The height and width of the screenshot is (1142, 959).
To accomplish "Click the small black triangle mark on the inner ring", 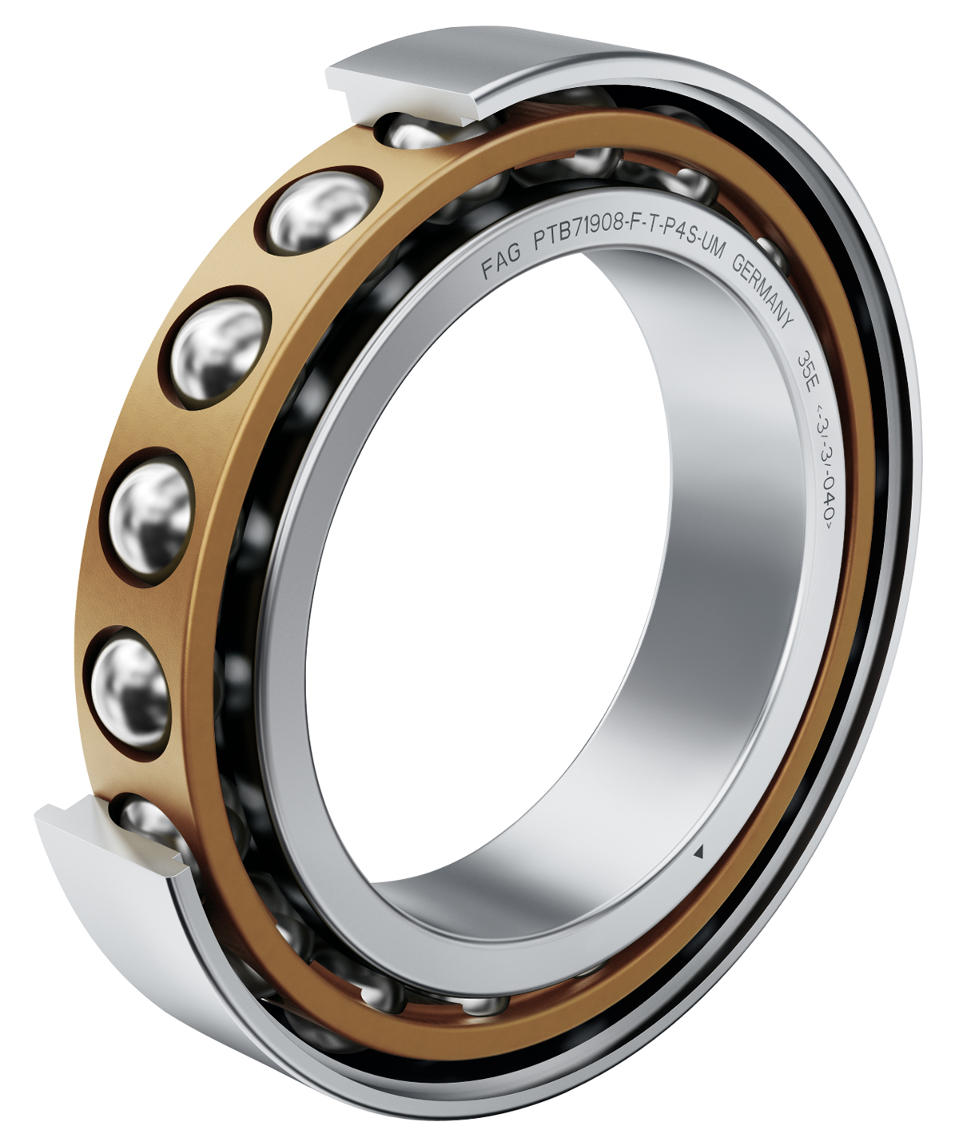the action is pyautogui.click(x=698, y=852).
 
